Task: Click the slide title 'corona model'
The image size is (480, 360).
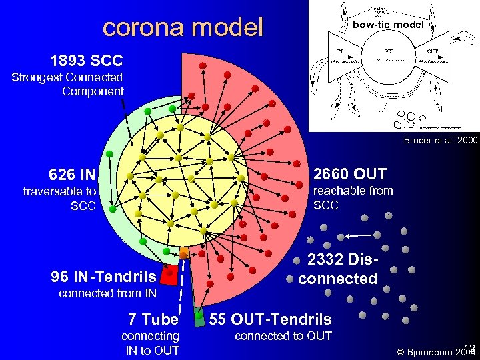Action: click(x=183, y=27)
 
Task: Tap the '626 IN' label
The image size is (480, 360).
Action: click(x=71, y=175)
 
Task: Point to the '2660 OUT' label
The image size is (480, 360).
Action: click(x=349, y=174)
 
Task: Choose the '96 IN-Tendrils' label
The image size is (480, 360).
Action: click(x=103, y=276)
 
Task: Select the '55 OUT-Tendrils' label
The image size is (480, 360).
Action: click(x=270, y=319)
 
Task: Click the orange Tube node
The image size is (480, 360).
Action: click(x=184, y=253)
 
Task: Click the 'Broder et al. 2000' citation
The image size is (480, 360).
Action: click(x=440, y=141)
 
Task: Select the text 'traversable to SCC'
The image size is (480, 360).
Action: click(x=60, y=199)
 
